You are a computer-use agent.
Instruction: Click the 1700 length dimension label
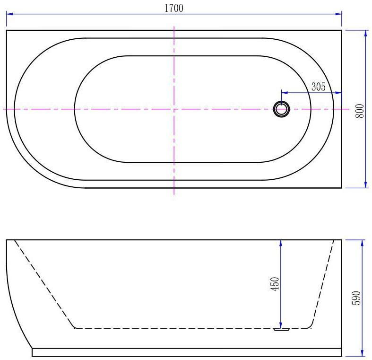(x=174, y=8)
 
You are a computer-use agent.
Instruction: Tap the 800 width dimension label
(x=360, y=111)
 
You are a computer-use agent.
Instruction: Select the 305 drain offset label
(x=319, y=87)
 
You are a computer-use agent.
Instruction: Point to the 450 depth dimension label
(x=275, y=284)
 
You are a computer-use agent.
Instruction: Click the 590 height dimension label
(x=356, y=298)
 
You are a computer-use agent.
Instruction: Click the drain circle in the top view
(x=281, y=109)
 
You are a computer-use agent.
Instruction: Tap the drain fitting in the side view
(x=281, y=329)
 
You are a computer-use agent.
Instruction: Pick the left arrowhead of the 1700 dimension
(x=9, y=14)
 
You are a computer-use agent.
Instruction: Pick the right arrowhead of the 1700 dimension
(x=338, y=14)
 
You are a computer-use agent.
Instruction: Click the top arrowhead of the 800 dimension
(x=366, y=34)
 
